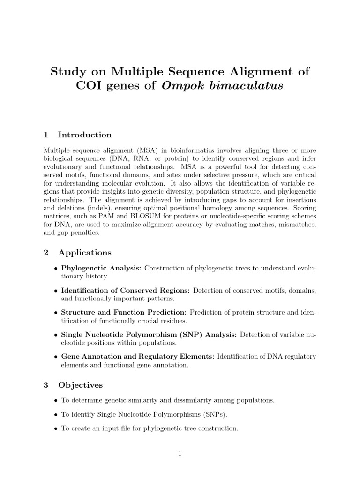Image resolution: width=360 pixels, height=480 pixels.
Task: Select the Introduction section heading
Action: pos(85,135)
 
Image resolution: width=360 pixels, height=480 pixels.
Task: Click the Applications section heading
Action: pos(85,253)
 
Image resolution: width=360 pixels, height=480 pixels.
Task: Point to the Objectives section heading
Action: pos(80,385)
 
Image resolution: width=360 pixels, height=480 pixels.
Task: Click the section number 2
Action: pos(46,253)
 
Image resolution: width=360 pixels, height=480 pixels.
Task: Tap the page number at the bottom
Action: pos(180,453)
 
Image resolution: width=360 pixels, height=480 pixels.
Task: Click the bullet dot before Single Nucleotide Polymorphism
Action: pos(56,335)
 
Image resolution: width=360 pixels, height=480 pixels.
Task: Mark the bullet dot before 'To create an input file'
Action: pos(56,428)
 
